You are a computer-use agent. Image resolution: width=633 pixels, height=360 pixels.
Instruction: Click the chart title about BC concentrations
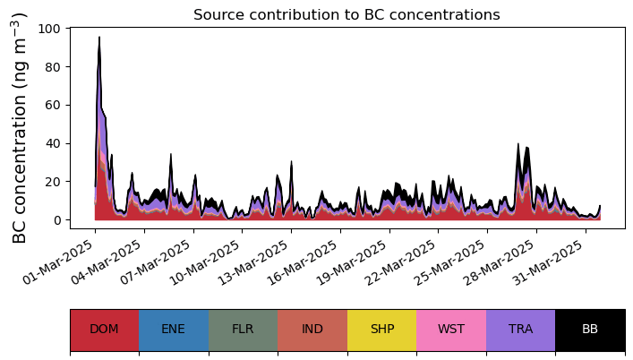346,14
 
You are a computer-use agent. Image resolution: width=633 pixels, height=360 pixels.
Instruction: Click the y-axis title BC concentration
20,128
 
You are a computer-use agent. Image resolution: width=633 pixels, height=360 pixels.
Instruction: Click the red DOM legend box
104,329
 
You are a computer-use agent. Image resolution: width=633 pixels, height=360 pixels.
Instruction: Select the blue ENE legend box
174,329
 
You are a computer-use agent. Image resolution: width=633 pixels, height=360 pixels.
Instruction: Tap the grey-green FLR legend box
243,329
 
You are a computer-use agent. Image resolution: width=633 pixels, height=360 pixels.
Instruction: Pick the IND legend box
312,329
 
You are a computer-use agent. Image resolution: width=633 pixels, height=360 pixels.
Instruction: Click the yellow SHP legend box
381,329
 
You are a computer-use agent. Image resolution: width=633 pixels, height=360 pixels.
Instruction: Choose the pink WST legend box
451,329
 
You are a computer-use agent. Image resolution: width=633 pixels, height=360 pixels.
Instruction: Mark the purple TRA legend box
520,329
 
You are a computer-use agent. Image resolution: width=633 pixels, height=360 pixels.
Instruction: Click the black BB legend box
590,329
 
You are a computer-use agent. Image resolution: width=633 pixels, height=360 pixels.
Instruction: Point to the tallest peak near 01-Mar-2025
99,39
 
